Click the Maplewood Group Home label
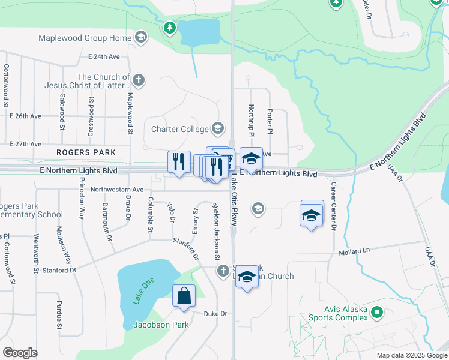click(85, 38)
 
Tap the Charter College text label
click(179, 129)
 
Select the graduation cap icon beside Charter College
click(218, 128)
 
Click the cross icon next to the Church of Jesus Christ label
click(139, 80)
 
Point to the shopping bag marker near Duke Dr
click(184, 296)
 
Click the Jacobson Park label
click(160, 325)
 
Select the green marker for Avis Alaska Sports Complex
click(377, 312)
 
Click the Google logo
click(20, 353)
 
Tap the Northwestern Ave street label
click(117, 190)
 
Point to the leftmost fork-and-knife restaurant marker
click(179, 162)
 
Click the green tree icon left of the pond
click(170, 28)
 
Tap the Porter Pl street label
click(270, 121)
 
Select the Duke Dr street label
click(215, 314)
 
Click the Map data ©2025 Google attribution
click(411, 355)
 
